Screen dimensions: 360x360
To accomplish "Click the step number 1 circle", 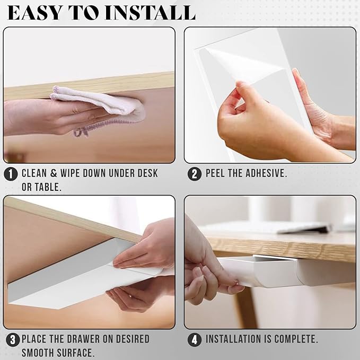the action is click(x=11, y=174).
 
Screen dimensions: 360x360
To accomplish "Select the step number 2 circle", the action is click(x=195, y=174).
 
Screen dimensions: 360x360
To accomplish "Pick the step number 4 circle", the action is click(x=195, y=340).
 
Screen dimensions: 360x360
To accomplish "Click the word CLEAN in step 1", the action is click(x=34, y=173).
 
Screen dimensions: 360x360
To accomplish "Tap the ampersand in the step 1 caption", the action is click(x=54, y=173).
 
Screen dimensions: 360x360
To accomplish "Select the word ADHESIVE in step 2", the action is click(x=266, y=173).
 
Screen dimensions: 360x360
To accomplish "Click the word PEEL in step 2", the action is click(x=215, y=173).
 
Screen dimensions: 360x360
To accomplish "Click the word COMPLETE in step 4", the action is click(x=296, y=339).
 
